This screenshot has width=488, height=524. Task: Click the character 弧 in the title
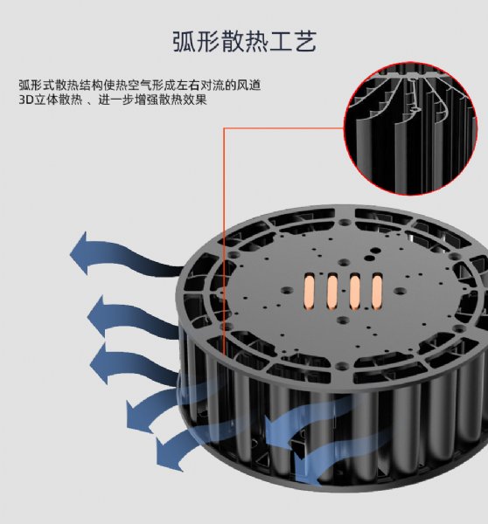(x=185, y=42)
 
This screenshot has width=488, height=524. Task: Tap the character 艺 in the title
(x=305, y=42)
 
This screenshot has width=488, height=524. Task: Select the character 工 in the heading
(x=281, y=42)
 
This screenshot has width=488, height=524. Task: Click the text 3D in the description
(x=25, y=100)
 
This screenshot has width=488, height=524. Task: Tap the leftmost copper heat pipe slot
(x=310, y=291)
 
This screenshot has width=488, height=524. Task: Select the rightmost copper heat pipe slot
(x=377, y=292)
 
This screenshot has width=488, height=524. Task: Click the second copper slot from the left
(x=332, y=292)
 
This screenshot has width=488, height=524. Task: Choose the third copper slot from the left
(x=355, y=292)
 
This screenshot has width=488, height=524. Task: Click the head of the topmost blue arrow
(x=80, y=253)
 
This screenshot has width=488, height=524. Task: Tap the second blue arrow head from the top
(x=97, y=316)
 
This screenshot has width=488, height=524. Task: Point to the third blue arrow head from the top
(x=100, y=363)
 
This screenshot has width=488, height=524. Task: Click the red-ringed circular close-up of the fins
(x=411, y=128)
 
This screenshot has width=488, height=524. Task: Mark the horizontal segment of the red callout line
(x=284, y=128)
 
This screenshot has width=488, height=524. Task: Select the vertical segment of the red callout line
(x=224, y=241)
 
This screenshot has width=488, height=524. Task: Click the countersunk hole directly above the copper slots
(x=344, y=262)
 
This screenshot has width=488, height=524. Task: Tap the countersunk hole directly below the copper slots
(x=343, y=321)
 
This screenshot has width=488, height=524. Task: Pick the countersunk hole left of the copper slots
(x=288, y=290)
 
